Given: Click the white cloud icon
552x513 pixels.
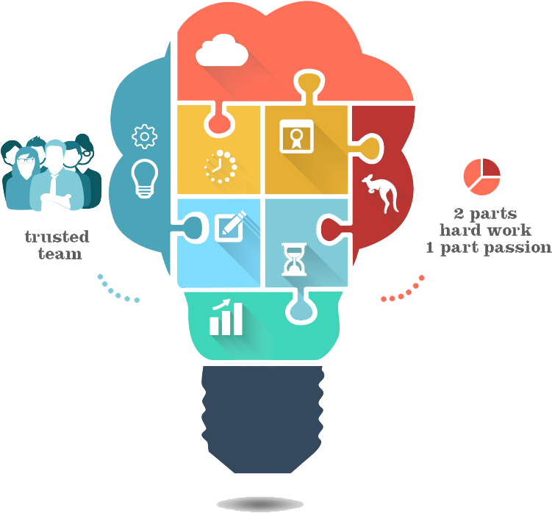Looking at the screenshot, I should click(221, 50).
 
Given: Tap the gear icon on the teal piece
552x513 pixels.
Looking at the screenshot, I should click(144, 137).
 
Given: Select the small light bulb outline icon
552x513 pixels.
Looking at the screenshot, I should click(144, 179).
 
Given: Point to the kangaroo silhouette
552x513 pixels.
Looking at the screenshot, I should click(380, 195).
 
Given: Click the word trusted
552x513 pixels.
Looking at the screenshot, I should click(56, 237).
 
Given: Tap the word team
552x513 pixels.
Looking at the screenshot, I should click(57, 254).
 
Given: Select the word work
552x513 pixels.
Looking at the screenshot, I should click(520, 230).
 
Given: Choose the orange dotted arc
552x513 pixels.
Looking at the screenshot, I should click(403, 291).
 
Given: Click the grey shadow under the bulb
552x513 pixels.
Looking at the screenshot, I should click(264, 503).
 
